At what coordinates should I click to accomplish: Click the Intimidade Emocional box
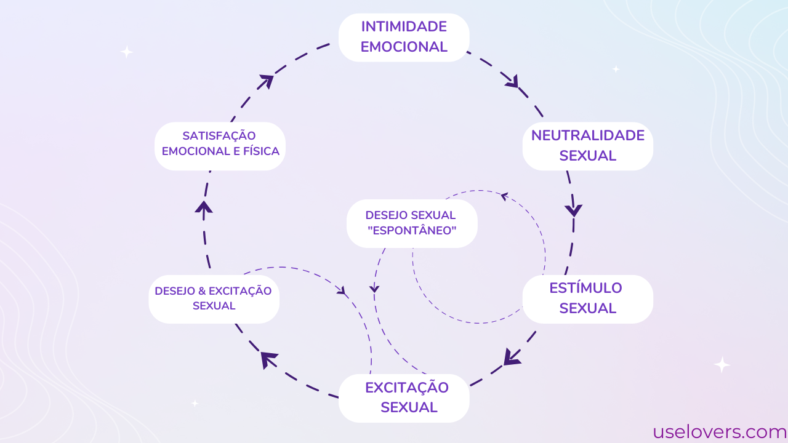coord(404,37)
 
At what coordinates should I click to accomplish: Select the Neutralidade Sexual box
coord(587,146)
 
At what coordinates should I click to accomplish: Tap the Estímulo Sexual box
coord(587,298)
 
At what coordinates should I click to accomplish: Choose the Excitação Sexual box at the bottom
coord(404,397)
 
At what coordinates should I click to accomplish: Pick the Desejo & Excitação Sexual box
coord(214,298)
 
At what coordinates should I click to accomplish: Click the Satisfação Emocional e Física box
coord(220,146)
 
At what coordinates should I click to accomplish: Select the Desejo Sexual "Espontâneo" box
coord(412,223)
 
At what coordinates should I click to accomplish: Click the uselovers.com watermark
coord(720,432)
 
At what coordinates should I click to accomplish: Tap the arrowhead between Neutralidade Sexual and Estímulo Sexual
coord(574,210)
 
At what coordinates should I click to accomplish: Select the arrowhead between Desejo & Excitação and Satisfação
coord(204,207)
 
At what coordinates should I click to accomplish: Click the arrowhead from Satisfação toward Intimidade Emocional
coord(267,81)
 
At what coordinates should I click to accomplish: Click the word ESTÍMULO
coord(585,288)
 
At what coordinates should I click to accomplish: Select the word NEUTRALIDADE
coord(587,135)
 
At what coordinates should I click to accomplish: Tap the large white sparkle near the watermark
coord(722,365)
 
